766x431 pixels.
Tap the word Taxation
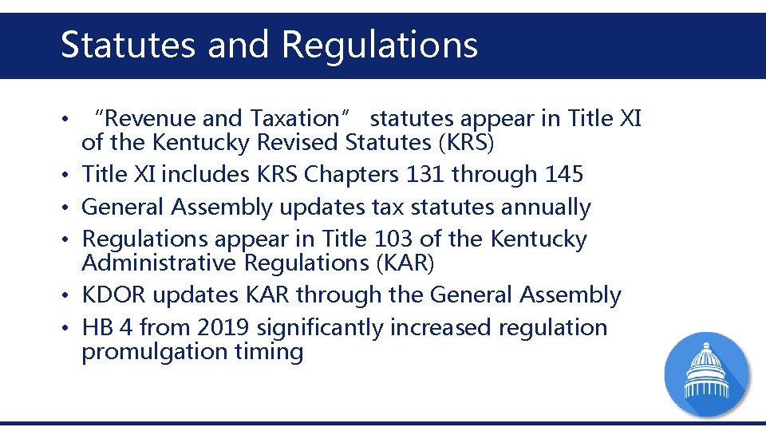pos(294,119)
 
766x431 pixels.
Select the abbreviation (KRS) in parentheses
pos(467,143)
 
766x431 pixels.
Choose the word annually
pos(546,208)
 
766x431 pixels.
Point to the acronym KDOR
pos(114,295)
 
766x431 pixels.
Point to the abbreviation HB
pos(97,327)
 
